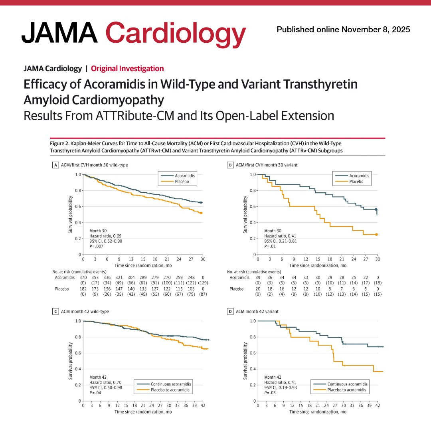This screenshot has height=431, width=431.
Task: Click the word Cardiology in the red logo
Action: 175,34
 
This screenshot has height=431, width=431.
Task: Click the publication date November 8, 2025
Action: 376,30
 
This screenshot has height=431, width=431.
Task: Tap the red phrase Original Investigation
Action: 127,69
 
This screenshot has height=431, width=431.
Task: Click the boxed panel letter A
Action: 55,165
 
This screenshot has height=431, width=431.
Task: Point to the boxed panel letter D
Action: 230,311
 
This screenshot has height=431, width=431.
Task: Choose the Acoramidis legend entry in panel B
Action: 352,176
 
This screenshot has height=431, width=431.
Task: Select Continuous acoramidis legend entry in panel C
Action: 164,384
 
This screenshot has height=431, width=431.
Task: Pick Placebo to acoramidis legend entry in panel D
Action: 340,390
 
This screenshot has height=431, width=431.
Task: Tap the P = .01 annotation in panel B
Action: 270,246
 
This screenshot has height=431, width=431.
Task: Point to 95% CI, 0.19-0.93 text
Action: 281,388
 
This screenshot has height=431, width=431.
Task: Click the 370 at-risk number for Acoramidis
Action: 83,278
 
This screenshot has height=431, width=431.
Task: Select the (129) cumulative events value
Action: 203,283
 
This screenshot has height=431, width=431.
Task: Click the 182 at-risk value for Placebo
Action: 83,289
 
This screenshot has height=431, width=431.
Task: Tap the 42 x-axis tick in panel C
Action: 203,405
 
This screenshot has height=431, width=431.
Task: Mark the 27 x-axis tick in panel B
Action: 366,259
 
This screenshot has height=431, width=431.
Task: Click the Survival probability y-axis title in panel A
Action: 70,215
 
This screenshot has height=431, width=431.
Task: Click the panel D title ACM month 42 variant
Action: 257,311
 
